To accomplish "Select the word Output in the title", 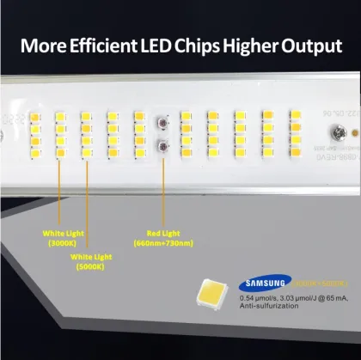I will (x=312, y=46).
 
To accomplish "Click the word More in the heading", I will (x=43, y=46).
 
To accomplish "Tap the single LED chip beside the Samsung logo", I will (x=215, y=293).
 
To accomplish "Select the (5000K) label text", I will (x=87, y=265).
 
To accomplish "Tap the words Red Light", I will (x=162, y=232).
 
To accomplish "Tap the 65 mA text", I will (x=335, y=298).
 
